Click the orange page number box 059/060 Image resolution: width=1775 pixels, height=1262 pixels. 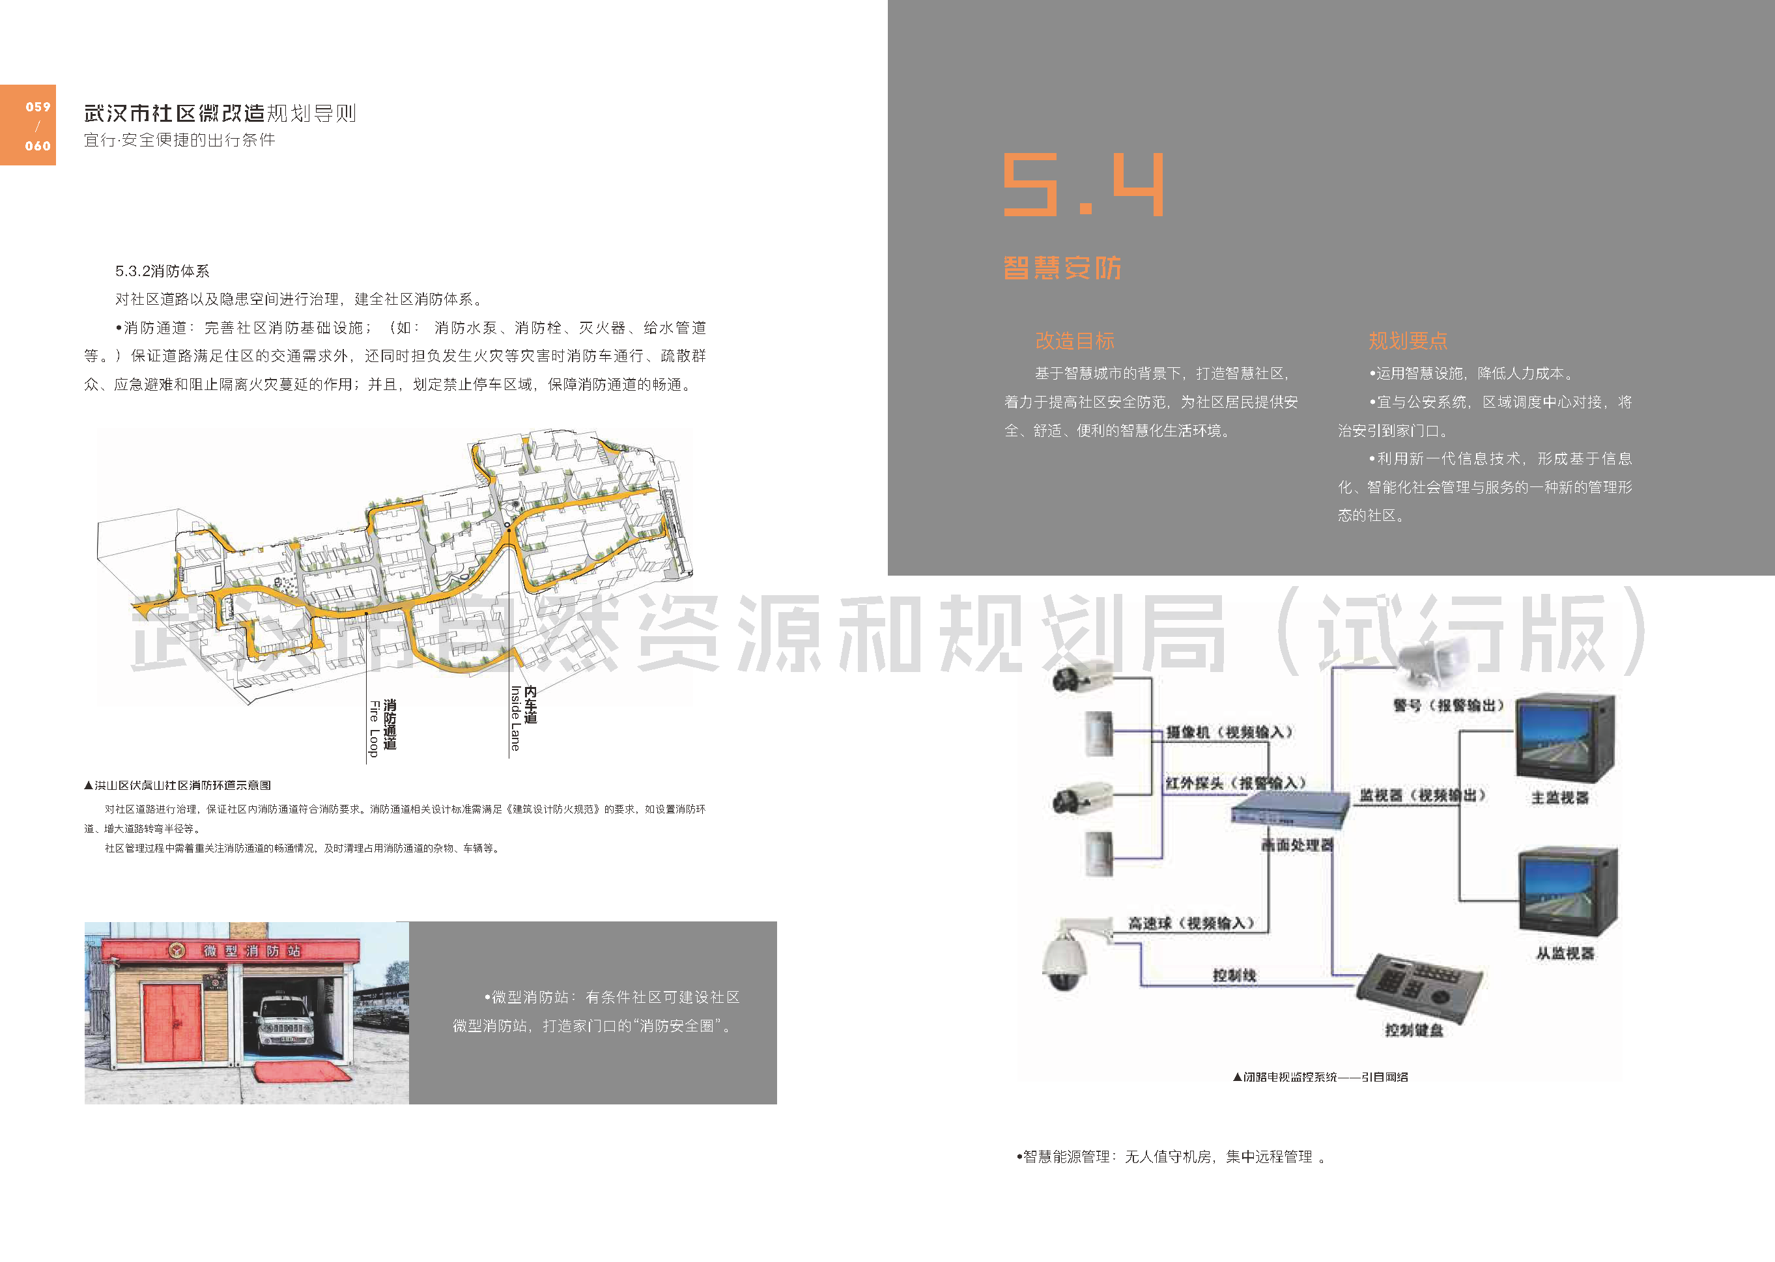(x=28, y=125)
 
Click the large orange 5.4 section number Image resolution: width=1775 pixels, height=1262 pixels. (x=1083, y=184)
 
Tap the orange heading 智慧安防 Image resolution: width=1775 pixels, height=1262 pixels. (x=1062, y=268)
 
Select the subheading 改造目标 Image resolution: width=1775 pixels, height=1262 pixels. (x=1075, y=341)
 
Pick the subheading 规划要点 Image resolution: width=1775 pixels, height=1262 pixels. (x=1408, y=341)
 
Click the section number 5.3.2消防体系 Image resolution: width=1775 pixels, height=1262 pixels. (x=162, y=271)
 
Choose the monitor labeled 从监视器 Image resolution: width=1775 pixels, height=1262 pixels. (x=1567, y=892)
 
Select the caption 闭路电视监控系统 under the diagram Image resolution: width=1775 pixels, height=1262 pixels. (x=1320, y=1077)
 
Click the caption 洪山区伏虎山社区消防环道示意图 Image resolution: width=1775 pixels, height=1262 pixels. (x=178, y=785)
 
